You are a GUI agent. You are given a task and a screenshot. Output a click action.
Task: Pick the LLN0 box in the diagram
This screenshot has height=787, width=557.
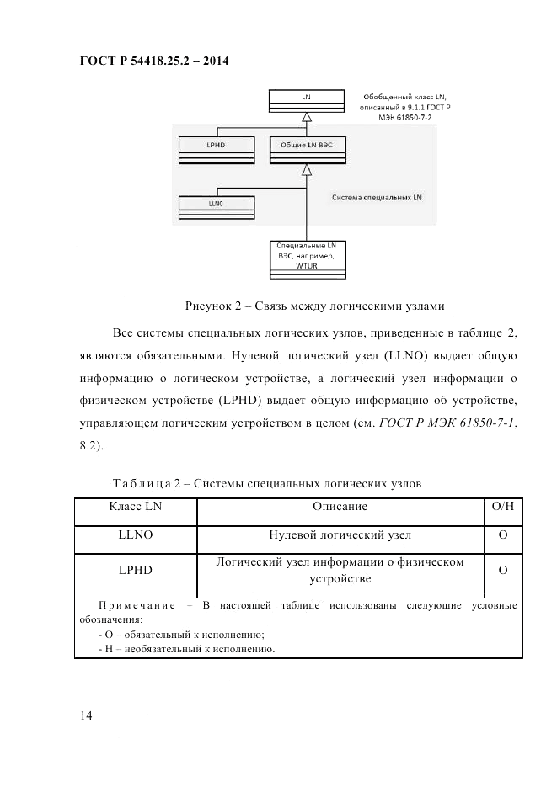[x=215, y=205]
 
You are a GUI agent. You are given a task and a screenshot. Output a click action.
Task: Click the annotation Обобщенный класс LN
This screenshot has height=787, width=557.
[x=404, y=98]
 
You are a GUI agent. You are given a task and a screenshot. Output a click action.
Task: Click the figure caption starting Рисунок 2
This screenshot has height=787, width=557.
[x=315, y=304]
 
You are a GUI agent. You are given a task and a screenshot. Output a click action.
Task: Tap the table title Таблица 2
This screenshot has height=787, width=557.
[x=266, y=483]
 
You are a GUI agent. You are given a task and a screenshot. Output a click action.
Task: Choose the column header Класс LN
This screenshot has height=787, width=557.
[x=136, y=507]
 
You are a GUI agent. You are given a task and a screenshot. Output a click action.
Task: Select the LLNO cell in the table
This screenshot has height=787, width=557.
[x=136, y=535]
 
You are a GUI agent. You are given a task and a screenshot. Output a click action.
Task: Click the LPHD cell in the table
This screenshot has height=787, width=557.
[x=136, y=570]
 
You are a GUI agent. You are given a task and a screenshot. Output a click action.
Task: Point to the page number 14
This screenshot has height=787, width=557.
[x=85, y=715]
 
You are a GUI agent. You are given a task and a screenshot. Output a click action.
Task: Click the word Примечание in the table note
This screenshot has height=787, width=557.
[x=137, y=605]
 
